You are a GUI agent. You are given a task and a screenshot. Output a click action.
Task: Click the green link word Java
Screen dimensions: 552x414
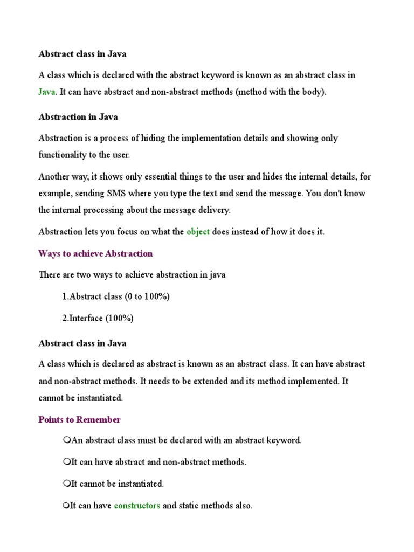(46, 92)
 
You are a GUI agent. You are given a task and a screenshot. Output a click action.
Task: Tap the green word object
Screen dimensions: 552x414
(198, 232)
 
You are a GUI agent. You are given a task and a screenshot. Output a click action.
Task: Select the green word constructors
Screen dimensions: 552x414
(137, 506)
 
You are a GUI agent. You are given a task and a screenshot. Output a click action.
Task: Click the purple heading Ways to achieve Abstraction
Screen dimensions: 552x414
(95, 253)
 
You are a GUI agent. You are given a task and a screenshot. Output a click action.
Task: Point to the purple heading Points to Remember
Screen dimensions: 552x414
(79, 420)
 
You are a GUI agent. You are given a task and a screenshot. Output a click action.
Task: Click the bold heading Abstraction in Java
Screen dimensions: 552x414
(78, 117)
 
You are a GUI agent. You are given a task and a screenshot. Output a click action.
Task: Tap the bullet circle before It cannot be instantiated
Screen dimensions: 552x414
(66, 484)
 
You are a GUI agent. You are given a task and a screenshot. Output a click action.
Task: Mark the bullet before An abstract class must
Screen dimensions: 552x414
(66, 440)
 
